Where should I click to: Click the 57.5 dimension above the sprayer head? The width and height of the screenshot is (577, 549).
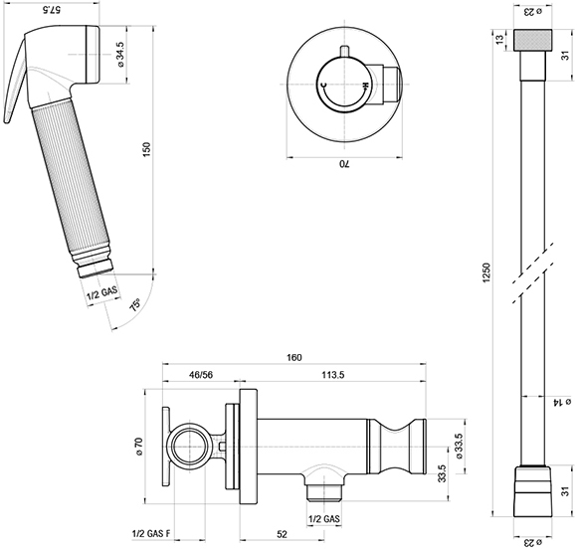52,10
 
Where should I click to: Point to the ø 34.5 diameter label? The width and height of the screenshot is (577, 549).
121,54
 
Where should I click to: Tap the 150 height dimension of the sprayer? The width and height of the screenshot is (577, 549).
146,149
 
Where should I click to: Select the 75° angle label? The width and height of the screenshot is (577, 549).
135,305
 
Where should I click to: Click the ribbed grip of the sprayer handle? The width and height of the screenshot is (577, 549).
70,177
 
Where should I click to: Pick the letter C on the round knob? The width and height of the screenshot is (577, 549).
323,86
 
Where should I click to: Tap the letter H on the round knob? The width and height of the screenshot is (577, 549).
365,86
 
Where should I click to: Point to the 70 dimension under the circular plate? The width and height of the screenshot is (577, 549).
344,164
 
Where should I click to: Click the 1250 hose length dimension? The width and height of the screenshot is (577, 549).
486,273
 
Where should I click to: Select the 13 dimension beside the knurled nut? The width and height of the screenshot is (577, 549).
499,40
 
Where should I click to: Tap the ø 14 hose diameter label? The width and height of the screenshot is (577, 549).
561,402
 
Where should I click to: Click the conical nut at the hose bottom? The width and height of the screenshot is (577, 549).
532,491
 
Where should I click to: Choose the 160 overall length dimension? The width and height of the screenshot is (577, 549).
294,357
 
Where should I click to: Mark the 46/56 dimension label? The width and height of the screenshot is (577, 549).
201,375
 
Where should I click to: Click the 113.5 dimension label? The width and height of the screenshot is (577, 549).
333,375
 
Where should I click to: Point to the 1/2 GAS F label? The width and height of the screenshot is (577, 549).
151,533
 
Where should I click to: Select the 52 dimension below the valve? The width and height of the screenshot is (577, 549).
282,534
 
